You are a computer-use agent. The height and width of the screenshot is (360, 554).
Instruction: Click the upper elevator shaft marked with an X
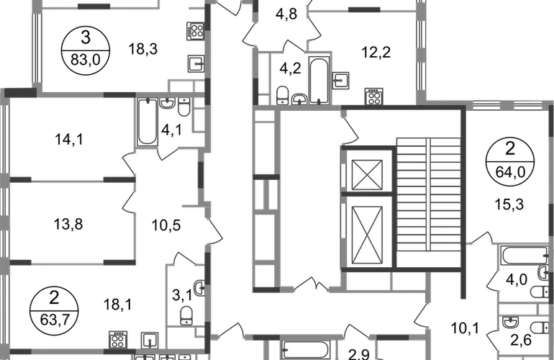click(x=366, y=174)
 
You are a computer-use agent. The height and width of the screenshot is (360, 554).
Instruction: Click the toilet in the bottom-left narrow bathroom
click(x=186, y=315)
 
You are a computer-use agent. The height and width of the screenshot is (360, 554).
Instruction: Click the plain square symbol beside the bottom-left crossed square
click(x=149, y=338)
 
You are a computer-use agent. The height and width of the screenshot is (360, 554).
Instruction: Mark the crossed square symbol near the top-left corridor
click(x=194, y=32)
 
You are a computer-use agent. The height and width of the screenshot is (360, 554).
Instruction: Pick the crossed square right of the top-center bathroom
click(x=373, y=94)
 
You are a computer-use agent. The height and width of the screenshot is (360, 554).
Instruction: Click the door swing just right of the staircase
click(x=481, y=237)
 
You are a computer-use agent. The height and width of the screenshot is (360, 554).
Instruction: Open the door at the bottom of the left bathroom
click(x=167, y=153)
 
